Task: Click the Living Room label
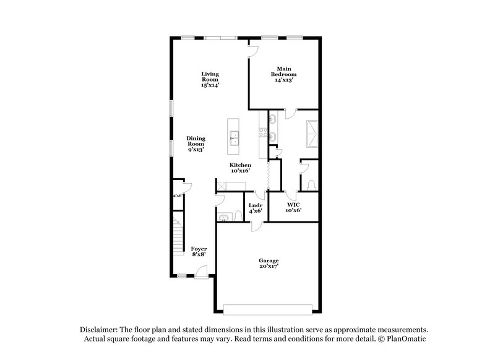click(210, 80)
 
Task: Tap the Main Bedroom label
click(284, 74)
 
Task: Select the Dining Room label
click(196, 144)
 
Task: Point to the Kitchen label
click(240, 168)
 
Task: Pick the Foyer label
click(199, 251)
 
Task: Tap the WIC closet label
click(294, 207)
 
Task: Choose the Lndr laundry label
click(256, 208)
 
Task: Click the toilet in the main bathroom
click(311, 183)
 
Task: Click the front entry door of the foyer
click(200, 272)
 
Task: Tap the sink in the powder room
click(223, 216)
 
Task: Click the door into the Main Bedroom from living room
click(252, 52)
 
